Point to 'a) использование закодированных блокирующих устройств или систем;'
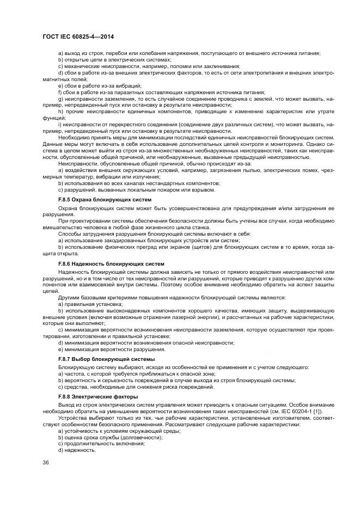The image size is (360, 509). tap(149, 241)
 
